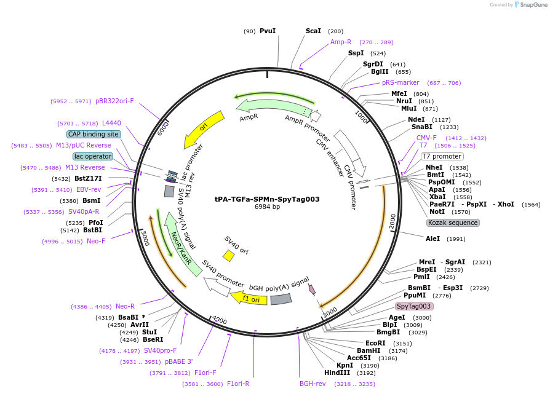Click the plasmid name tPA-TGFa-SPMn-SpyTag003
(x=267, y=199)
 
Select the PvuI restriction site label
(x=268, y=31)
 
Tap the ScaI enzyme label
(x=313, y=31)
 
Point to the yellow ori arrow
(x=204, y=129)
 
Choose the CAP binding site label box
(x=94, y=134)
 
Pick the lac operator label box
(x=92, y=156)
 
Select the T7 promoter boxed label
(x=442, y=156)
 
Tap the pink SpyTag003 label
(x=414, y=306)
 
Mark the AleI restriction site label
(x=433, y=238)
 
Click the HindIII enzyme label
(x=337, y=372)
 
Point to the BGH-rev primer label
(x=313, y=384)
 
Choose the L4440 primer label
(x=111, y=123)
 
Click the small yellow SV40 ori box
(x=228, y=255)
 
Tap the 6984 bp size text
(x=267, y=207)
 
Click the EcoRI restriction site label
(x=375, y=343)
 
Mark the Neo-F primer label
(x=95, y=241)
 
